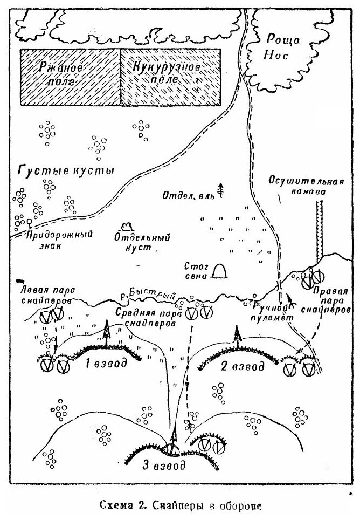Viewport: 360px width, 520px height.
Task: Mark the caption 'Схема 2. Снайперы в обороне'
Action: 179,506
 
